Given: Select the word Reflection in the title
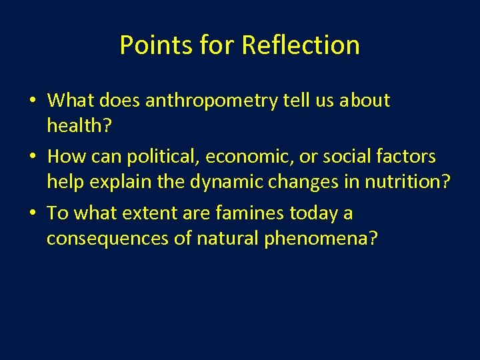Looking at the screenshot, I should pos(301,45).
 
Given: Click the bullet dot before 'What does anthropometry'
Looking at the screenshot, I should pos(33,101).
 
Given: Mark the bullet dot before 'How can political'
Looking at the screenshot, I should pos(33,157).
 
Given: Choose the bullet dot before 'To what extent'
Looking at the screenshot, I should pos(33,214).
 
